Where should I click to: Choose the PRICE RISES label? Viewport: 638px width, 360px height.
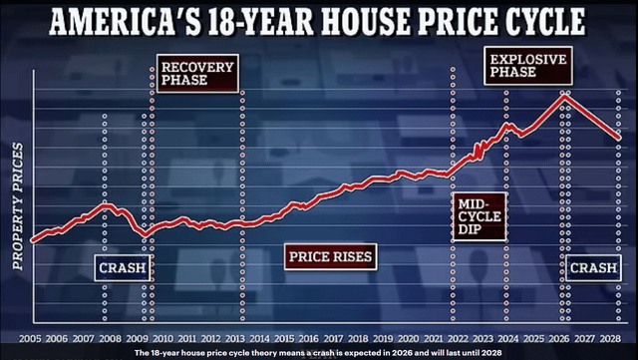pos(331,257)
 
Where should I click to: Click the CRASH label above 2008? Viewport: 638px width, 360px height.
pos(123,267)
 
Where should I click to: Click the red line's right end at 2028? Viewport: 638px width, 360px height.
pos(619,138)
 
